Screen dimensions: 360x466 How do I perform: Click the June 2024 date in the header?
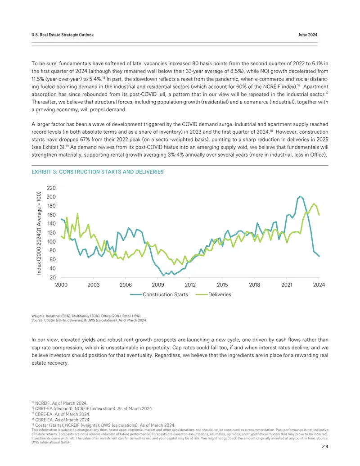(x=308, y=35)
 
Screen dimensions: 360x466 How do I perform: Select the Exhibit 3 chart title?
(x=98, y=172)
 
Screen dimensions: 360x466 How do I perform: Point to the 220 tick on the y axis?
(x=51, y=188)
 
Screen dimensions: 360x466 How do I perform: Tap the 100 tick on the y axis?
(x=51, y=242)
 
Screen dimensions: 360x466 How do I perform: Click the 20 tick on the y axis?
(x=53, y=278)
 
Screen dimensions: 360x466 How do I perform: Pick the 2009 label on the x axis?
(x=158, y=285)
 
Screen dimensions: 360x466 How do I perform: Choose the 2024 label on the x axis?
(x=319, y=285)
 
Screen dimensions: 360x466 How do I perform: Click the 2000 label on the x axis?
(x=61, y=285)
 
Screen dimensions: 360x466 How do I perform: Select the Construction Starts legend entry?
(x=159, y=294)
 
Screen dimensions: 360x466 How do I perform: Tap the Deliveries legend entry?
(x=213, y=294)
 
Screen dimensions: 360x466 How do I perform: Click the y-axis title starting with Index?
(x=39, y=233)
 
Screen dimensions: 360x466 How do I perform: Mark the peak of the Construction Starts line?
(x=300, y=196)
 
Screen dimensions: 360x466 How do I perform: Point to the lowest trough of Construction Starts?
(x=163, y=275)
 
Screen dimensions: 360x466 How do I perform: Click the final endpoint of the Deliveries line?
(x=319, y=215)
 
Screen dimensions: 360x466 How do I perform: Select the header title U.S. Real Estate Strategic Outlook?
(x=63, y=35)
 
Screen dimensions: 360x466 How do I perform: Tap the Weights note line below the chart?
(x=86, y=316)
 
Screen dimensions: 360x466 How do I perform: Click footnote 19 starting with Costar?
(x=103, y=425)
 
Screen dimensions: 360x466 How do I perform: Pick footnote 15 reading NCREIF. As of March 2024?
(x=59, y=403)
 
